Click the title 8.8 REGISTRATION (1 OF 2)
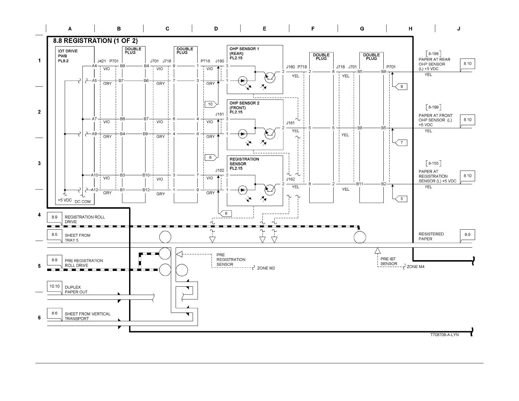[95, 41]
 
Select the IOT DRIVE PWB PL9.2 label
[67, 56]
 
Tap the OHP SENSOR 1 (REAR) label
[244, 53]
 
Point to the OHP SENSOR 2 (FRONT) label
[244, 107]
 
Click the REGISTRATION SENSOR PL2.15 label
[244, 163]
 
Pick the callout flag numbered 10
[210, 104]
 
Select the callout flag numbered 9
[402, 86]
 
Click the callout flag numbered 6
[226, 213]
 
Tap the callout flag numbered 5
[402, 199]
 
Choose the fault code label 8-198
[433, 53]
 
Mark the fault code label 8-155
[433, 163]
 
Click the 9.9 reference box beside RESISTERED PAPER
[467, 235]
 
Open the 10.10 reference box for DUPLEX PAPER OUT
[54, 286]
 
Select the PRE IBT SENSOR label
[389, 261]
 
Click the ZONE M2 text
[266, 268]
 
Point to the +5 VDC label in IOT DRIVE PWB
[65, 200]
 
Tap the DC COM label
[83, 201]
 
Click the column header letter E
[264, 29]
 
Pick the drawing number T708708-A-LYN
[444, 334]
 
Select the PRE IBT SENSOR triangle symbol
[377, 251]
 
